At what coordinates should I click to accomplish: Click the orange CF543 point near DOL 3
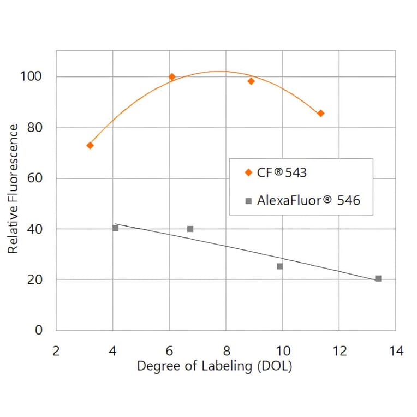pyautogui.click(x=90, y=145)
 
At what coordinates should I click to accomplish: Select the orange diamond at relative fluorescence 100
pyautogui.click(x=172, y=77)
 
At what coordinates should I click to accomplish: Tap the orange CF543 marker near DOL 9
pyautogui.click(x=251, y=81)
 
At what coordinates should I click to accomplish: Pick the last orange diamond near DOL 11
pyautogui.click(x=320, y=114)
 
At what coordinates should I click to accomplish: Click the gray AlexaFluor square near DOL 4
pyautogui.click(x=115, y=228)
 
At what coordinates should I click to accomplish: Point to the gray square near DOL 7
pyautogui.click(x=190, y=229)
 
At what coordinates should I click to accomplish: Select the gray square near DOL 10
pyautogui.click(x=279, y=266)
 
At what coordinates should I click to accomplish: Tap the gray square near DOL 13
pyautogui.click(x=378, y=278)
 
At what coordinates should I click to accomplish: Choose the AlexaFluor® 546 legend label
pyautogui.click(x=308, y=200)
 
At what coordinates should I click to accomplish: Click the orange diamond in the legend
pyautogui.click(x=248, y=173)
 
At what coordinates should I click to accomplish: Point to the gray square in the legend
pyautogui.click(x=248, y=201)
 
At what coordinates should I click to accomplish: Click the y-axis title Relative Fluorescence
pyautogui.click(x=13, y=188)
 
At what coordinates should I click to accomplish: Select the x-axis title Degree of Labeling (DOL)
pyautogui.click(x=215, y=366)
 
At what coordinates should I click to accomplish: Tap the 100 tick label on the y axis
pyautogui.click(x=31, y=76)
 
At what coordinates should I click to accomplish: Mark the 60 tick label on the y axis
pyautogui.click(x=34, y=178)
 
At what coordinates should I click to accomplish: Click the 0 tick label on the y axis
pyautogui.click(x=38, y=330)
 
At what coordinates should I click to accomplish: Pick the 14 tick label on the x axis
pyautogui.click(x=396, y=350)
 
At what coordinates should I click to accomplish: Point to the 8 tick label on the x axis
pyautogui.click(x=226, y=350)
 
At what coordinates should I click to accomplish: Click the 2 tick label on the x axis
pyautogui.click(x=56, y=350)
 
